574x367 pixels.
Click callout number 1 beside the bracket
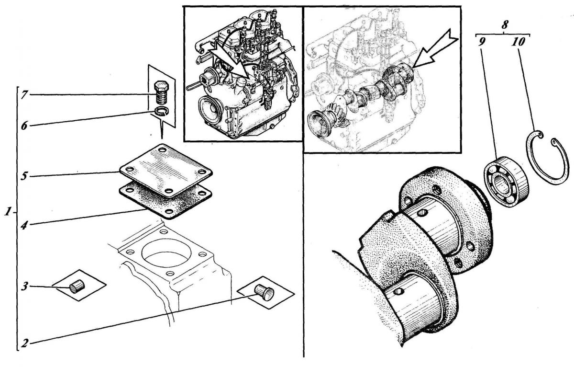point(8,212)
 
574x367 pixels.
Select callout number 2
point(24,343)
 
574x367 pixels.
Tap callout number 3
point(24,286)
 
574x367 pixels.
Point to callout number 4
point(24,225)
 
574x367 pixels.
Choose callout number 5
point(24,176)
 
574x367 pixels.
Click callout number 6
point(24,126)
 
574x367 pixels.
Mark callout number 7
point(24,95)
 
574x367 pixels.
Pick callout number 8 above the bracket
point(504,25)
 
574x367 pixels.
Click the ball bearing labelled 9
point(506,182)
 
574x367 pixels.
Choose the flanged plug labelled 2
point(264,293)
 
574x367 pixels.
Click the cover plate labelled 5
point(166,171)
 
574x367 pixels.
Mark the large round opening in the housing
point(166,252)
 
